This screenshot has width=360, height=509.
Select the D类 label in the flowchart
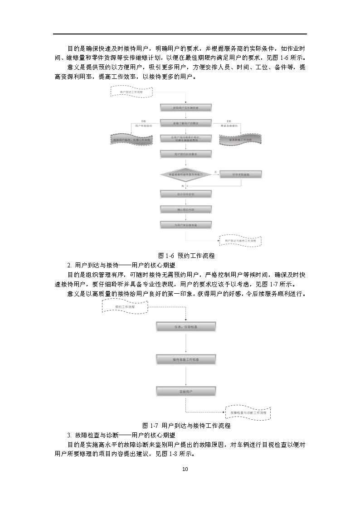tap(143, 121)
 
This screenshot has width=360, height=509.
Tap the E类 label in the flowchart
tap(229, 121)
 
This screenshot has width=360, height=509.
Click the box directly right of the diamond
tap(241, 174)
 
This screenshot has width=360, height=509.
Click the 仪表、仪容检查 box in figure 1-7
tap(186, 326)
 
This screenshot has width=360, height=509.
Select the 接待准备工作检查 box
tap(186, 359)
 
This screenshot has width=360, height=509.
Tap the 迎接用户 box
tap(186, 391)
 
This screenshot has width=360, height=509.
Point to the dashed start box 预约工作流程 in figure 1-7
tap(125, 307)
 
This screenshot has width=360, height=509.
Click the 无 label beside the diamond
tap(216, 171)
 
